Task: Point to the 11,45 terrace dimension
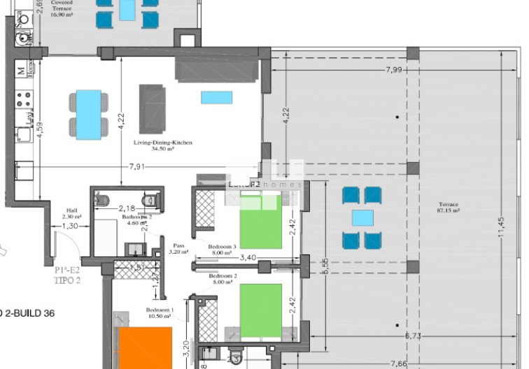(x=500, y=228)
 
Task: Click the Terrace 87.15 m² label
(x=448, y=208)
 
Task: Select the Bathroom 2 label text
(x=136, y=217)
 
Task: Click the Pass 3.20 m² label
(x=178, y=249)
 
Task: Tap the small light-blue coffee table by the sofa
(x=217, y=97)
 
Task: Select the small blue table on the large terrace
(x=362, y=218)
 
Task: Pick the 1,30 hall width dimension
(x=70, y=226)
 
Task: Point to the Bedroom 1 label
(x=159, y=312)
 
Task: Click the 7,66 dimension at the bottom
(x=398, y=363)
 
